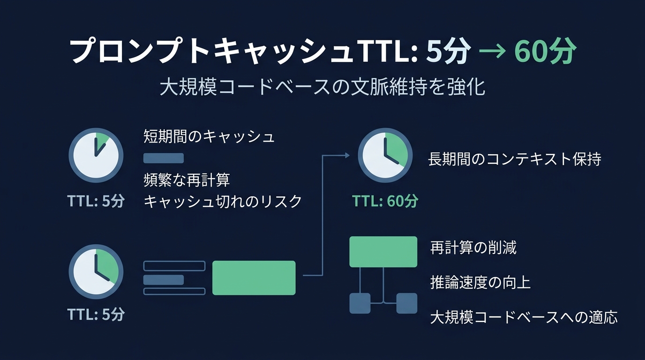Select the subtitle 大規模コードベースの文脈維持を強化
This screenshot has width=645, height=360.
click(x=322, y=87)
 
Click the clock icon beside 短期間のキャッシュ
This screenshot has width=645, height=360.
click(x=96, y=155)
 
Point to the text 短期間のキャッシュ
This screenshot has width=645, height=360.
click(x=209, y=136)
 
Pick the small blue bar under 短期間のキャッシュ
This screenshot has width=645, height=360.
click(x=163, y=158)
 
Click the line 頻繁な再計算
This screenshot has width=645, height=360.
click(x=187, y=180)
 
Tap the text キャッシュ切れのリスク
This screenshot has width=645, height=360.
click(x=223, y=202)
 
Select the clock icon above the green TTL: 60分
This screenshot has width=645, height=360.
click(x=385, y=155)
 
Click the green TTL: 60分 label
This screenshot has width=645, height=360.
click(x=385, y=202)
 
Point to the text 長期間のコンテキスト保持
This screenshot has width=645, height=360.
click(x=514, y=159)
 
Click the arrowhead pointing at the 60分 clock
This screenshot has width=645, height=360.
click(x=347, y=155)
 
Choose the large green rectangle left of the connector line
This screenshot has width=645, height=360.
click(x=254, y=278)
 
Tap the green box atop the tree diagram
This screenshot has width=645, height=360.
click(x=383, y=252)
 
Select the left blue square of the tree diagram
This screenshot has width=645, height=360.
click(x=360, y=303)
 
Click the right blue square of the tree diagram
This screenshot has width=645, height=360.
click(x=406, y=303)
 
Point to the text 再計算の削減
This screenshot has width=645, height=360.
click(x=473, y=247)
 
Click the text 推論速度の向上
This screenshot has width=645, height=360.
click(x=480, y=283)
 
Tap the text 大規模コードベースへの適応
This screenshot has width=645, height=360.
click(x=524, y=317)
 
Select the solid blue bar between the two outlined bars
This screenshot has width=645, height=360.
click(x=163, y=280)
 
